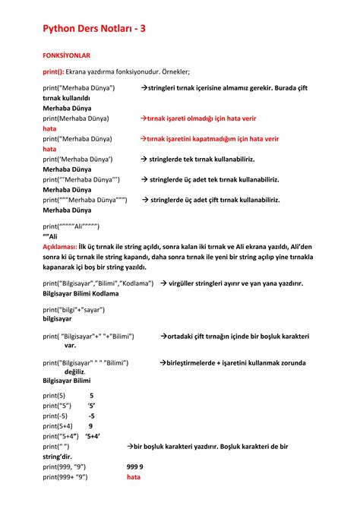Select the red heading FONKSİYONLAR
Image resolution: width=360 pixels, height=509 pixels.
coord(67,56)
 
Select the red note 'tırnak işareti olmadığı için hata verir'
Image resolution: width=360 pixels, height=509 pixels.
coord(203,119)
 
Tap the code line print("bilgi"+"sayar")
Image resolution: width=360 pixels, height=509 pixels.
coord(74,309)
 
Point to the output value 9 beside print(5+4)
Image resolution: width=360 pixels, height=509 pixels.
coord(91,426)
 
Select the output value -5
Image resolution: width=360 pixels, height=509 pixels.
coord(91,416)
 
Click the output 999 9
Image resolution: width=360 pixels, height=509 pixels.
coord(135,466)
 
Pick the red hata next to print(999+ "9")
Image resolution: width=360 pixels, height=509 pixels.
coord(134,477)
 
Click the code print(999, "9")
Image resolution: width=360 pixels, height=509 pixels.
coord(65,466)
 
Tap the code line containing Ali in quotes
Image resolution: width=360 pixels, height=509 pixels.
coord(71,226)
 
